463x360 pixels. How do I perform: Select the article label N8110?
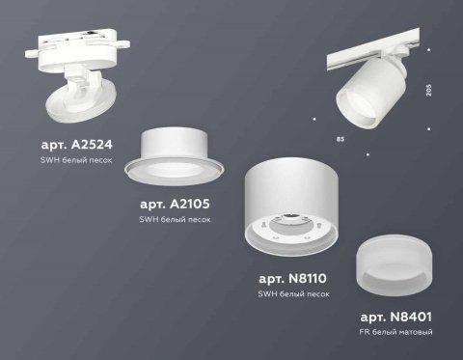[295, 277]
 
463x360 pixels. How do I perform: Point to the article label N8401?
[396, 317]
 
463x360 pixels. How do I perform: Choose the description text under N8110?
[295, 291]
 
